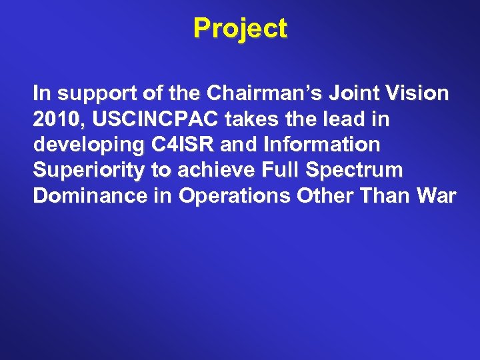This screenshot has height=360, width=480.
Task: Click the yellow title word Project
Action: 240,29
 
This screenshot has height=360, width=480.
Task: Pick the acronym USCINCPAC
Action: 156,120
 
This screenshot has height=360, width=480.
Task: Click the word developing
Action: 83,145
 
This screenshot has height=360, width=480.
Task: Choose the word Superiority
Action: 89,171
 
